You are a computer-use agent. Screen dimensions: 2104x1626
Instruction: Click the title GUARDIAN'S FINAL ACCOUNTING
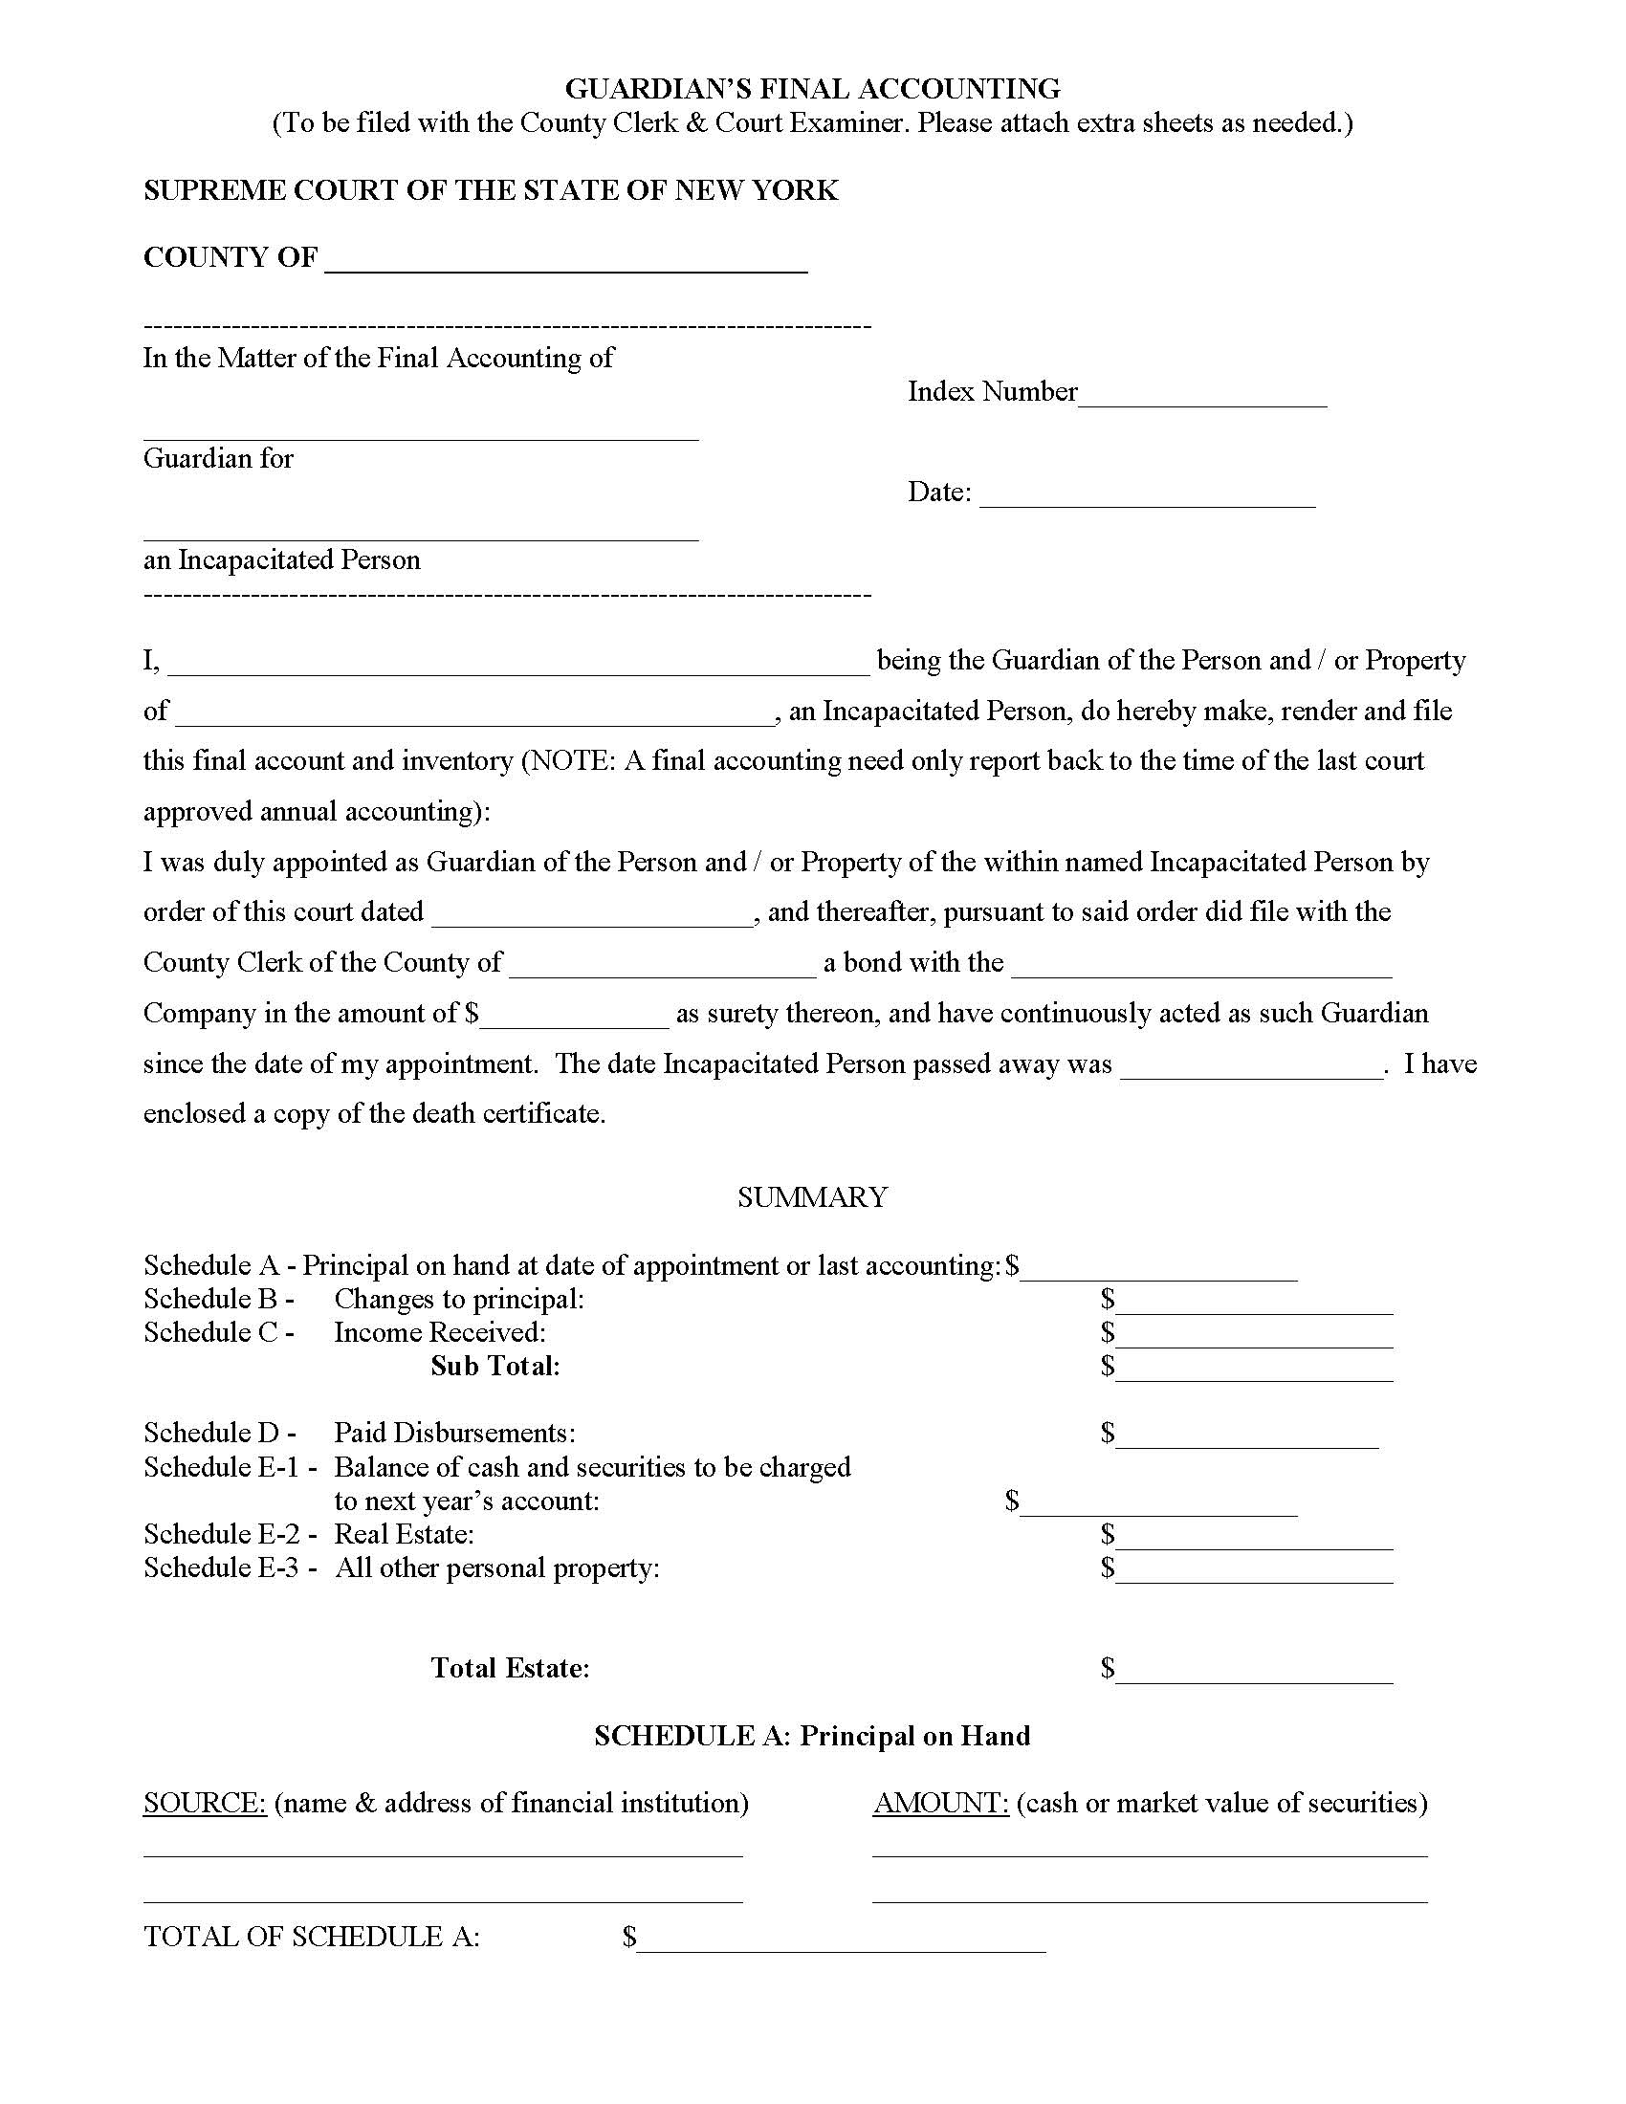pos(812,89)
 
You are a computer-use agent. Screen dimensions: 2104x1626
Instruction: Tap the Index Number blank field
pos(1202,396)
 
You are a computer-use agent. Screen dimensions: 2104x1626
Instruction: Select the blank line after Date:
pos(1146,496)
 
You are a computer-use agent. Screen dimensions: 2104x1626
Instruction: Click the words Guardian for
pos(219,458)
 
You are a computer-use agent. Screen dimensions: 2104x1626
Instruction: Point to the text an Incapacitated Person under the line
pos(282,559)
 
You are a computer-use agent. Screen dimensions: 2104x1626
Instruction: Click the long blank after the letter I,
pos(520,663)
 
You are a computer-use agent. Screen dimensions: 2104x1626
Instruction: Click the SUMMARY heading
pos(812,1196)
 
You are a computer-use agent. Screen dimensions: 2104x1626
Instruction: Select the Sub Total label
pos(495,1366)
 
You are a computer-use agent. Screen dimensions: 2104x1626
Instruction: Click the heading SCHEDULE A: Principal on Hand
pos(812,1736)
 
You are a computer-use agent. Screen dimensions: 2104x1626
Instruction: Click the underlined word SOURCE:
pos(205,1804)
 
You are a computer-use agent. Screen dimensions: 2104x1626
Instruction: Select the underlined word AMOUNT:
pos(940,1804)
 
